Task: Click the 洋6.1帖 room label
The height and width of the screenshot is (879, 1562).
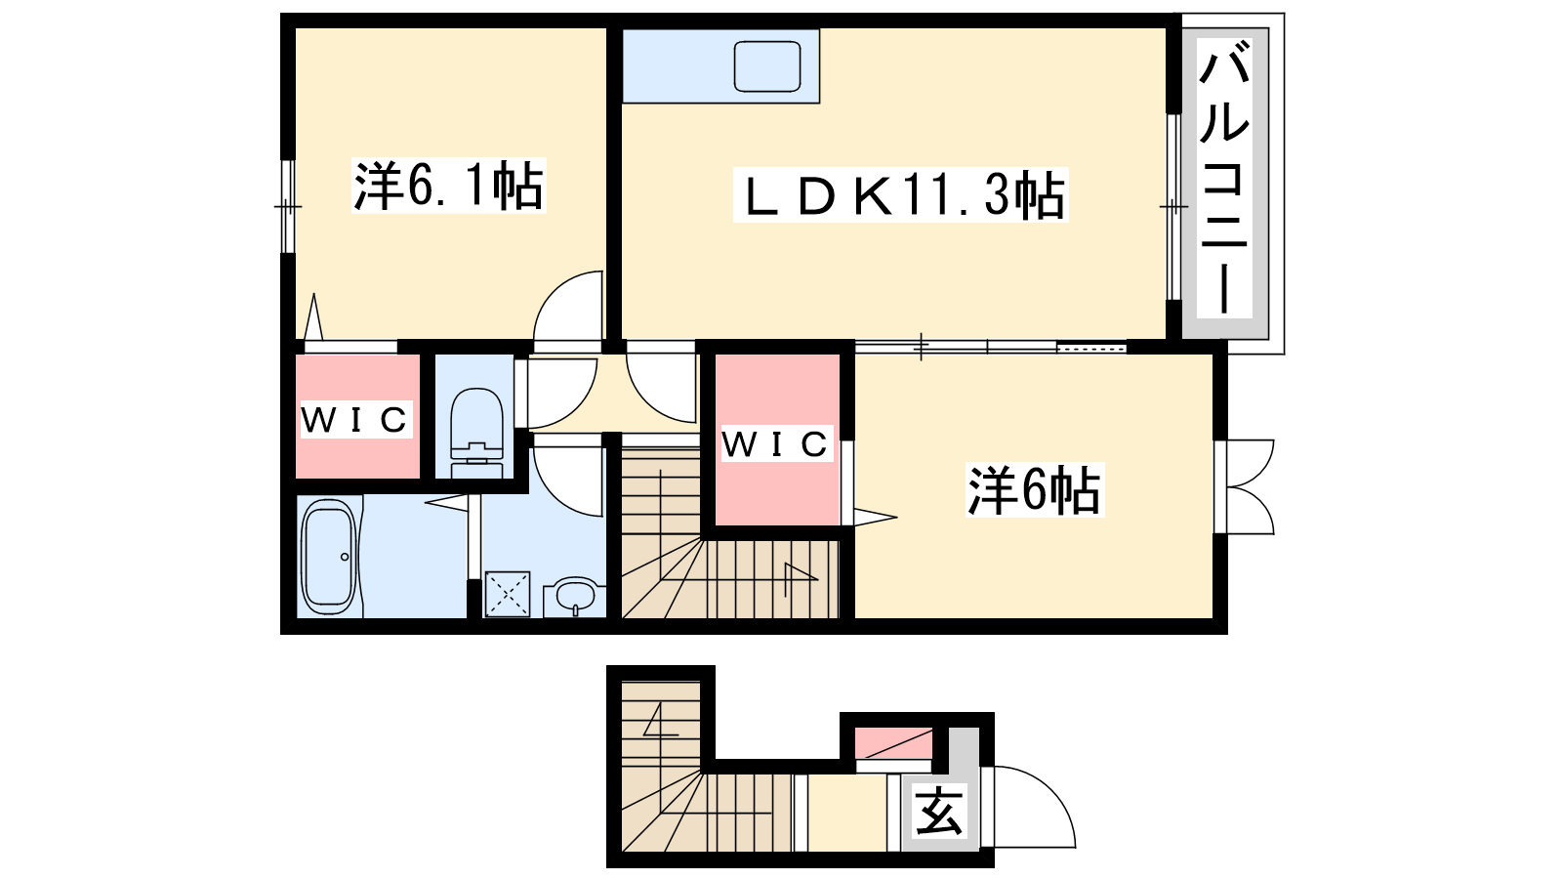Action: (449, 187)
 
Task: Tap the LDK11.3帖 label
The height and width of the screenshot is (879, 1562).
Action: (900, 195)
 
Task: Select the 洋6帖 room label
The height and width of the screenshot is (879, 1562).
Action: (1034, 489)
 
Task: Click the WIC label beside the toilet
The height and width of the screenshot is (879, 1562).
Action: (355, 419)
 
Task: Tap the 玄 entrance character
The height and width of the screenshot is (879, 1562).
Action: (939, 810)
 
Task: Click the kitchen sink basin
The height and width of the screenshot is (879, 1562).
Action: (767, 66)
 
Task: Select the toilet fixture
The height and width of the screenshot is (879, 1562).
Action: (477, 433)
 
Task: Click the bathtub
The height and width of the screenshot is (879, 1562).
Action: (331, 557)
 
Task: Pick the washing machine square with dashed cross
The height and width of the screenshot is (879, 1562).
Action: (507, 595)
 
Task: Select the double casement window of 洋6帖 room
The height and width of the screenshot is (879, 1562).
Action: (1245, 487)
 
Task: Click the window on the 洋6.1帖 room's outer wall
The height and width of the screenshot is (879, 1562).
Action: (287, 206)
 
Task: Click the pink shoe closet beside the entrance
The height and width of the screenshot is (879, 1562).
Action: (894, 743)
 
